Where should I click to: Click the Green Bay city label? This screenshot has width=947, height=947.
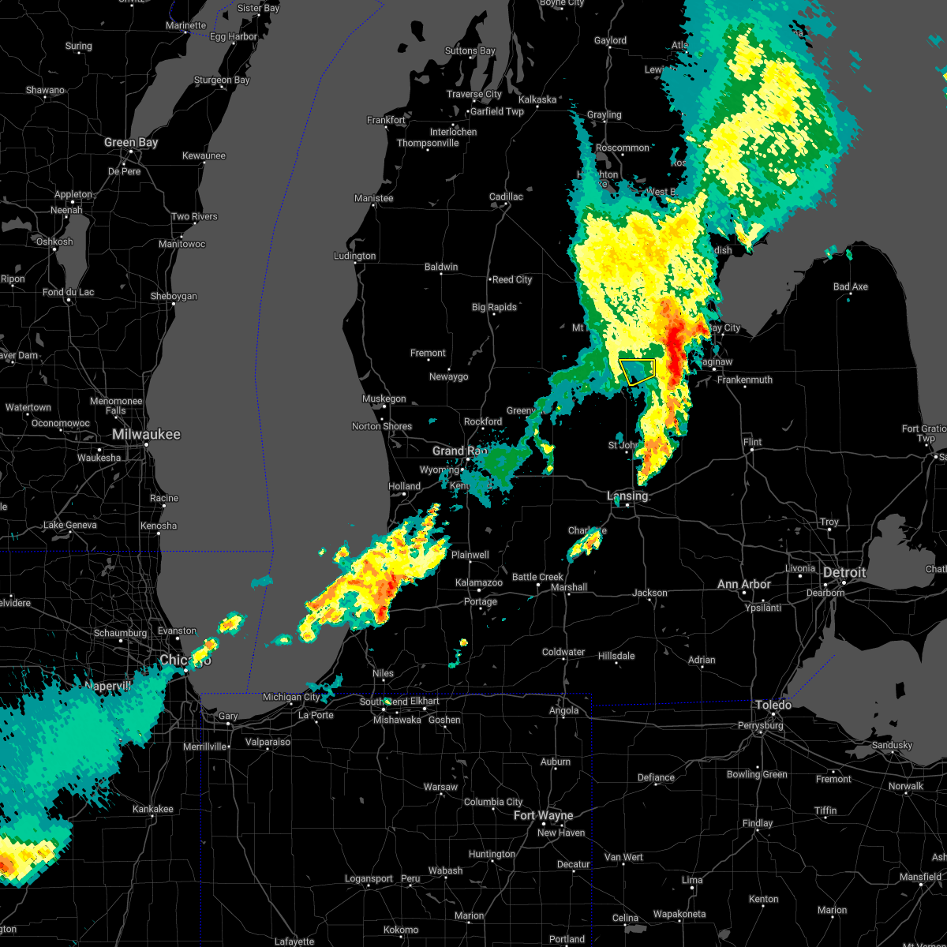pos(131,143)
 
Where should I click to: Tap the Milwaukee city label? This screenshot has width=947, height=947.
pos(146,435)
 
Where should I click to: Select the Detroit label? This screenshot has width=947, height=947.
pos(844,573)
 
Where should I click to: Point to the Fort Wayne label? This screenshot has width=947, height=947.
pos(544,815)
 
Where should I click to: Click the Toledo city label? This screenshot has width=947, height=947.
pos(773,705)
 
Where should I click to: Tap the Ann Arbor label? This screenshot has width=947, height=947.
pos(744,585)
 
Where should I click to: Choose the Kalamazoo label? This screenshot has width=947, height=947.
pos(479,583)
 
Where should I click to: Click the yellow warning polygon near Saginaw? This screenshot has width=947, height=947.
pos(638,371)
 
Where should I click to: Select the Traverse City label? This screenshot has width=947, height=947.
pos(474,94)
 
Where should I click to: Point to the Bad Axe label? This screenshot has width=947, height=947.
pos(850,286)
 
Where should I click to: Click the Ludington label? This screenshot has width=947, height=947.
pos(354,256)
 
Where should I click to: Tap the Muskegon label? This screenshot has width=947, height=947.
pos(384,399)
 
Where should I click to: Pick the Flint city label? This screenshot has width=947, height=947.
pos(752,442)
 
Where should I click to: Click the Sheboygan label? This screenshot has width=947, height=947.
pos(174,297)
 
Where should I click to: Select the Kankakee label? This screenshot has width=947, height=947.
pos(153,809)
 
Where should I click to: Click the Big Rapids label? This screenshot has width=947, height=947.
pos(494,308)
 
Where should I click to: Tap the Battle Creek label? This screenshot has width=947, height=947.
pos(537,578)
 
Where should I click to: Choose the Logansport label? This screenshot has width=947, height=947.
pos(369,879)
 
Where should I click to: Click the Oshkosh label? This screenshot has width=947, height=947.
pos(54,241)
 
